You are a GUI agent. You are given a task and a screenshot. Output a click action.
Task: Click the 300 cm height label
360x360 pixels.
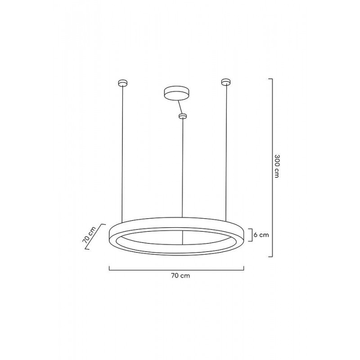pyautogui.click(x=277, y=166)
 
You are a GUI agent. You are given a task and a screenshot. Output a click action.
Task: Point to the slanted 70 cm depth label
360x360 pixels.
pyautogui.click(x=89, y=234)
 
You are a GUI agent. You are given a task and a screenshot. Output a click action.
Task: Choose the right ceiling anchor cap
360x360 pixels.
pyautogui.click(x=225, y=82)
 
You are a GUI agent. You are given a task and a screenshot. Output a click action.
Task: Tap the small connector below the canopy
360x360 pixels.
pyautogui.click(x=182, y=117)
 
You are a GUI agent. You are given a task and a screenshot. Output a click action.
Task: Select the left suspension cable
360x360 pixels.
pyautogui.click(x=122, y=153)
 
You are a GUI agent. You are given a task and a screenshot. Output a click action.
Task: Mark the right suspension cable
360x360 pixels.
pyautogui.click(x=225, y=153)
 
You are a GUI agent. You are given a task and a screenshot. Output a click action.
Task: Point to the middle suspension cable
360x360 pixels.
pyautogui.click(x=182, y=171)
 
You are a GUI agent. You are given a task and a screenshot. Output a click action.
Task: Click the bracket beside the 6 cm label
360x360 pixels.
pyautogui.click(x=250, y=235)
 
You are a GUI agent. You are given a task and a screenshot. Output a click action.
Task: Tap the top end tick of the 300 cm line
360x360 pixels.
pyautogui.click(x=270, y=79)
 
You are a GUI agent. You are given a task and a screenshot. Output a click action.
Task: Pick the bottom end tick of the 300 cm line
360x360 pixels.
pyautogui.click(x=270, y=256)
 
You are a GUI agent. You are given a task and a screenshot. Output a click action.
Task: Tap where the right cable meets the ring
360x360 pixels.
pyautogui.click(x=225, y=221)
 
